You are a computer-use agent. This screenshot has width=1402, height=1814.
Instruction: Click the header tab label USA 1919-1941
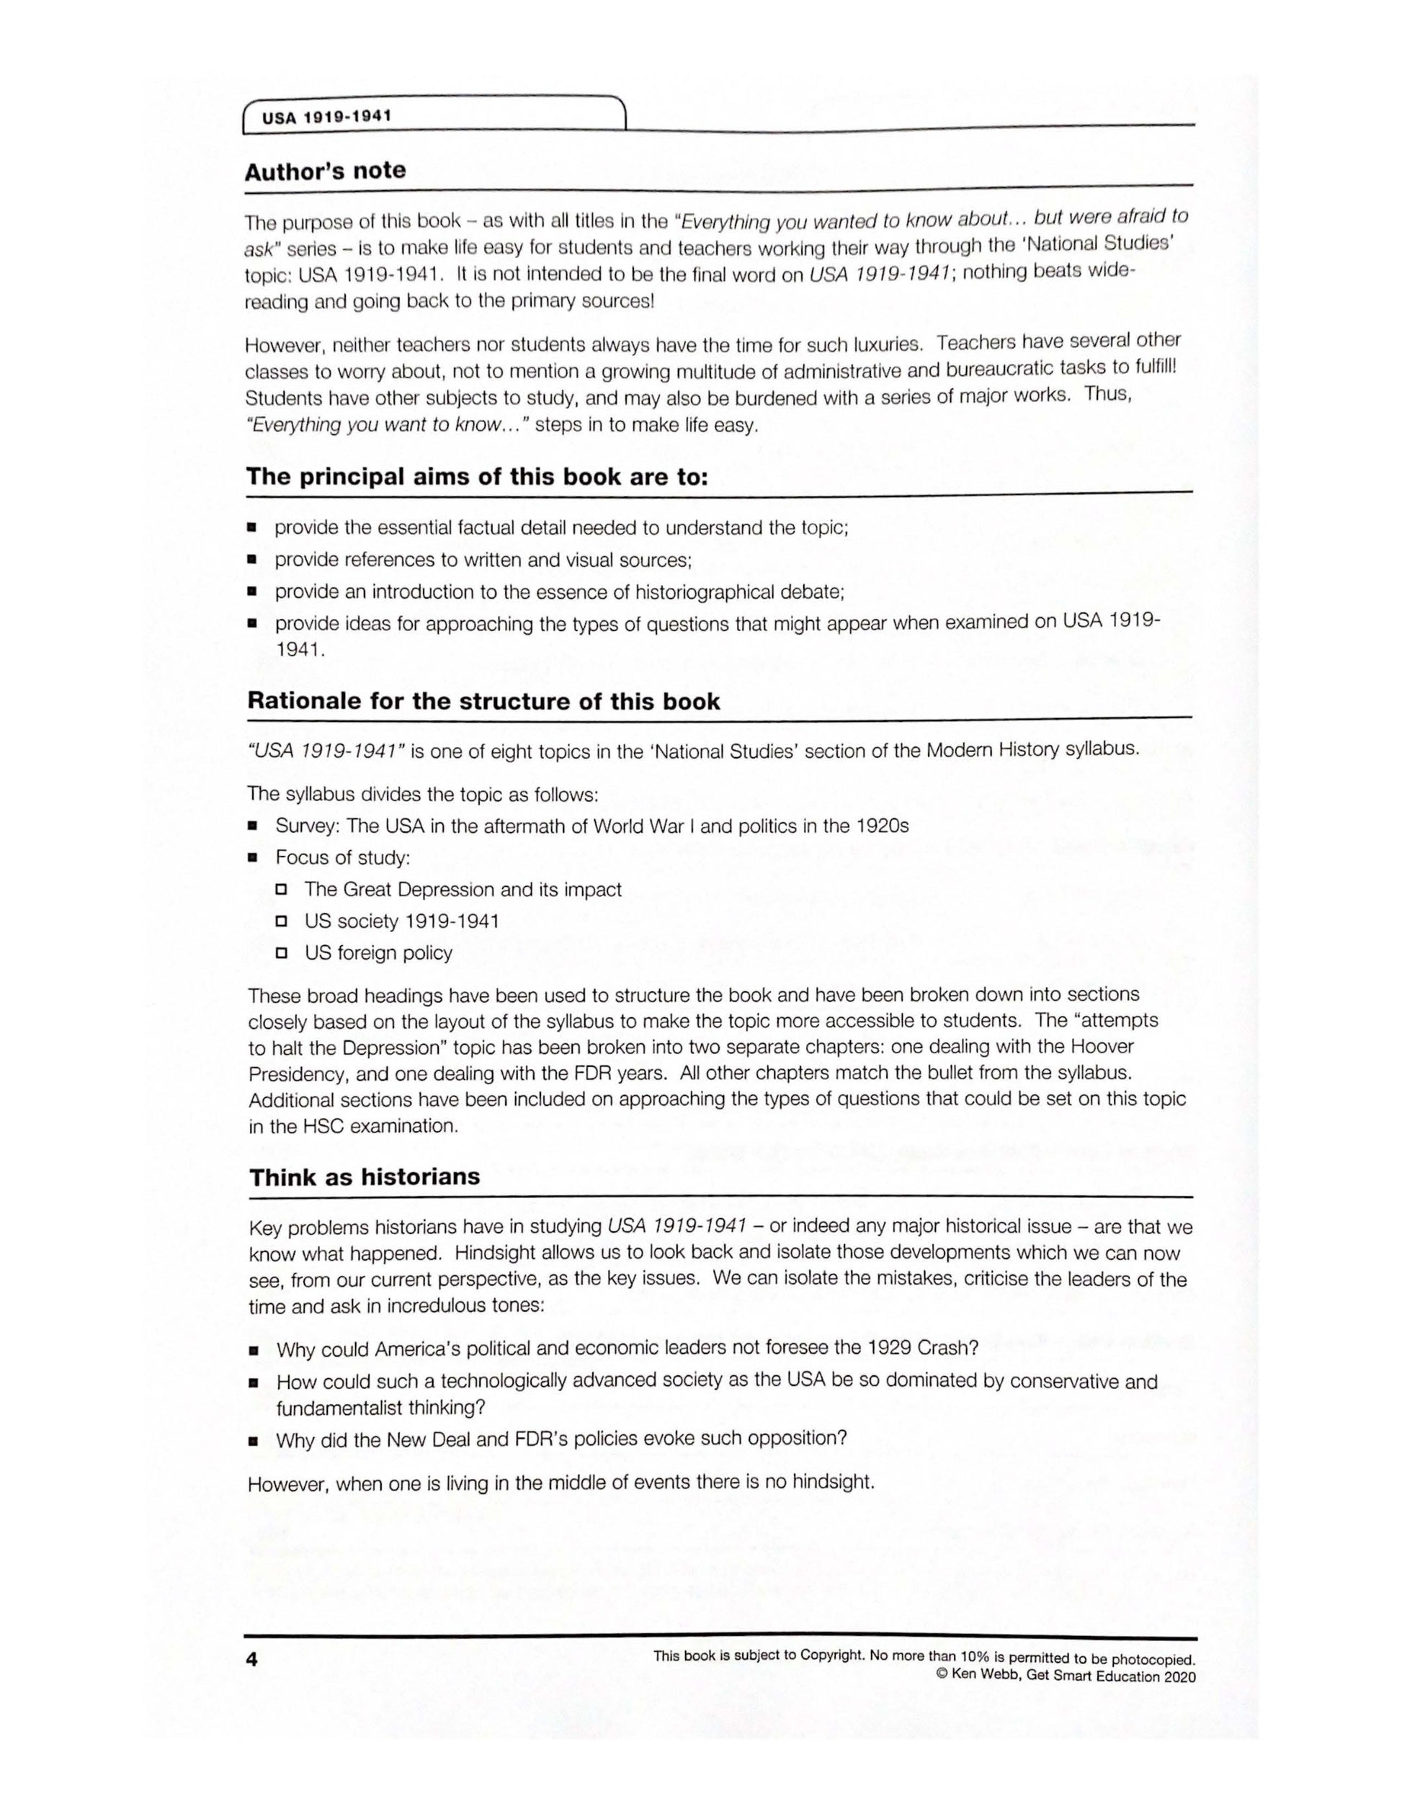[326, 117]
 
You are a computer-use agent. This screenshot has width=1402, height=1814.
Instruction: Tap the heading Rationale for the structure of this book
[483, 701]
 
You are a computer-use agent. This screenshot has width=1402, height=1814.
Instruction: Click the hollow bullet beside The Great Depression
[282, 890]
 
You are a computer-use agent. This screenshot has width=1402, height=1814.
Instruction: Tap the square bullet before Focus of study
[252, 857]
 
